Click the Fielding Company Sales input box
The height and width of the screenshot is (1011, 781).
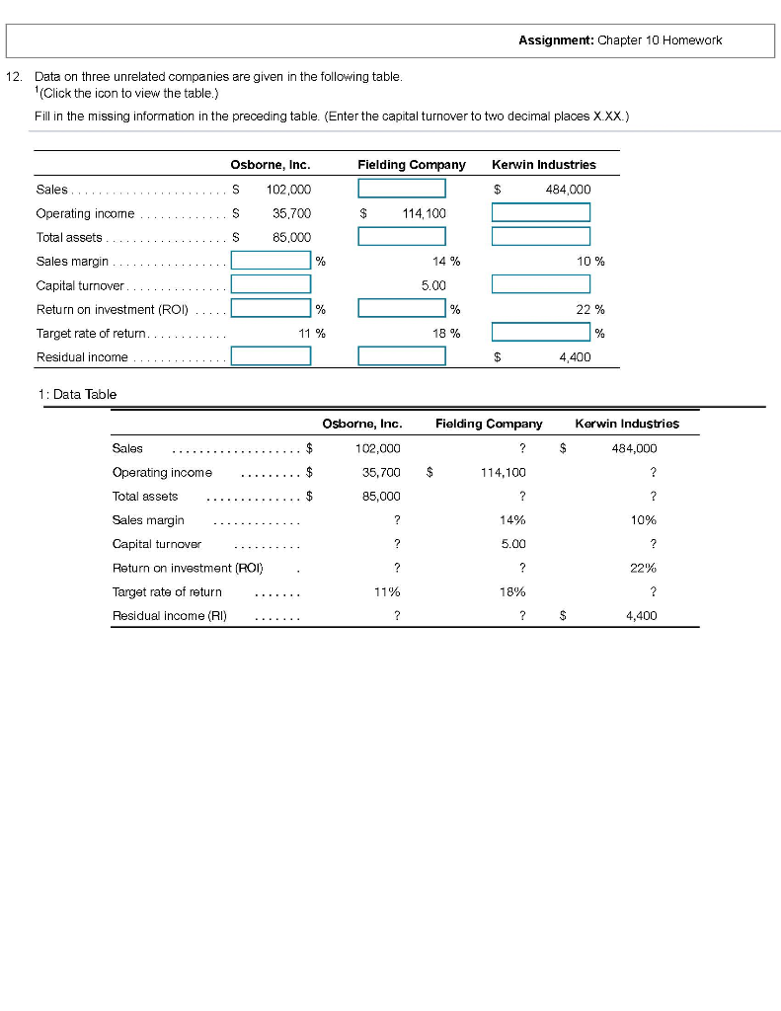click(401, 189)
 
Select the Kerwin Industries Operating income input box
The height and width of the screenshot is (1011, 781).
click(540, 212)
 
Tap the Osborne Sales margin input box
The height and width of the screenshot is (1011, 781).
click(271, 261)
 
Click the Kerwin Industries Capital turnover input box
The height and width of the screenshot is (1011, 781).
click(540, 284)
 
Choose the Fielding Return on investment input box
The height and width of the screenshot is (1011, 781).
click(401, 308)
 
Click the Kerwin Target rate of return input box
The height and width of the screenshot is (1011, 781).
click(540, 333)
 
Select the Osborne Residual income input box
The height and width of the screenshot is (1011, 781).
click(271, 356)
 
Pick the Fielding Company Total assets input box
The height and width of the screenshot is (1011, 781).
click(401, 236)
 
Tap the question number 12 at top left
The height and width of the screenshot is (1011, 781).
click(14, 76)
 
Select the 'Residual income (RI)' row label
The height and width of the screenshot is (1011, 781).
click(169, 616)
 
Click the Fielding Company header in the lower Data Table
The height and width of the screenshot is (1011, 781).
click(489, 424)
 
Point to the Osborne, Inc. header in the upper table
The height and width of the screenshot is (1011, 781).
click(270, 164)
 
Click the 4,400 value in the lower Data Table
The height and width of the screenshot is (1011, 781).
click(641, 616)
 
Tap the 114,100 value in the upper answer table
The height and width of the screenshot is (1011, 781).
click(424, 213)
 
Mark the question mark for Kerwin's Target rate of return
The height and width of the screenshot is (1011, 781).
click(653, 592)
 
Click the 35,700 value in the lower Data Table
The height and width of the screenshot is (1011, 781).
click(377, 472)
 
